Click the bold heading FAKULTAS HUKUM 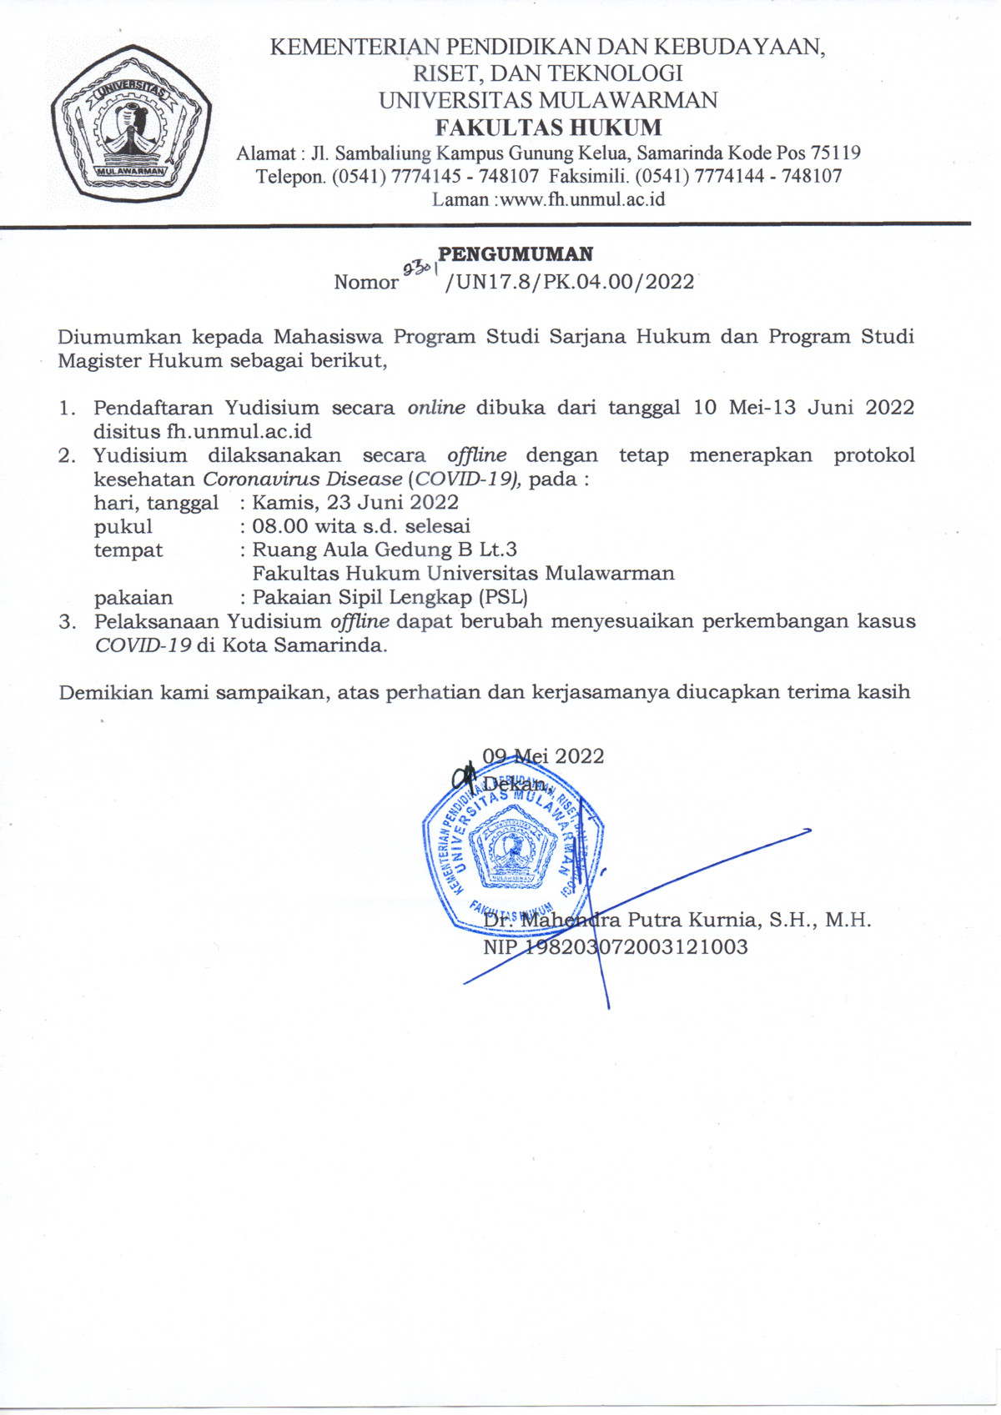(x=548, y=128)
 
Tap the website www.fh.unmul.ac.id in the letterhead (x=582, y=199)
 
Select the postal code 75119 (x=836, y=153)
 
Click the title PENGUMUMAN (x=516, y=254)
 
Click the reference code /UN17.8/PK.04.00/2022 (x=570, y=282)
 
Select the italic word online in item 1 (x=435, y=408)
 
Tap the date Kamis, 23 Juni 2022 (x=355, y=502)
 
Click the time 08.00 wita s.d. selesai (x=361, y=526)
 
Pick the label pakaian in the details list (x=133, y=597)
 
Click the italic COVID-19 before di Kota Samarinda (x=143, y=645)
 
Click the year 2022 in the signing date (x=579, y=756)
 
